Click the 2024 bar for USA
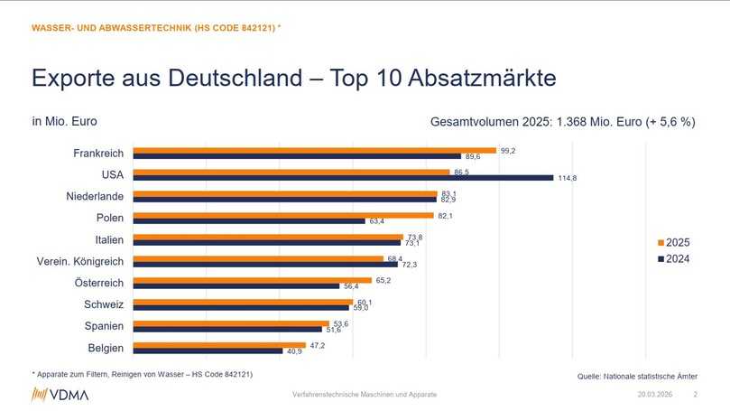[x=343, y=178]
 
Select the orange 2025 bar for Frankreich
[x=314, y=150]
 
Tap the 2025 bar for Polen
[x=283, y=215]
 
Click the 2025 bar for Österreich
[x=253, y=280]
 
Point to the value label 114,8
[x=567, y=178]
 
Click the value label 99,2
[x=508, y=150]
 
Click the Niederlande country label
[x=95, y=196]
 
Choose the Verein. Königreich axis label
[x=79, y=261]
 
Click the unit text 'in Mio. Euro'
[x=64, y=121]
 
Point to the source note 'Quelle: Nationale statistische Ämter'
[x=637, y=376]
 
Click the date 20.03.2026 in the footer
[x=656, y=395]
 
